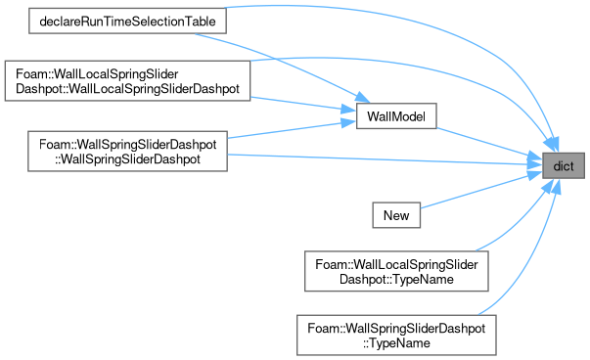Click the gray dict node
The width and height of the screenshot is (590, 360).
point(564,165)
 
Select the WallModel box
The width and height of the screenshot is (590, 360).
point(396,115)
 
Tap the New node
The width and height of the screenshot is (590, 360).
point(396,215)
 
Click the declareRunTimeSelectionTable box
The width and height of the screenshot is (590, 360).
point(127,22)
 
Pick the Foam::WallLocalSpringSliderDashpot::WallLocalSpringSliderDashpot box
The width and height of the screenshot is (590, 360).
point(127,81)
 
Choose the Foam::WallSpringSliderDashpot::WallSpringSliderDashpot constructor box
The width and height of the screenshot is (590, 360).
point(127,152)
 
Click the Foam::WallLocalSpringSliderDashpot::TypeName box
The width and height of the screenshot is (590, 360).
point(396,271)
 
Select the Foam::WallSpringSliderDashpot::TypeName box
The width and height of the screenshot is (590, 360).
point(396,336)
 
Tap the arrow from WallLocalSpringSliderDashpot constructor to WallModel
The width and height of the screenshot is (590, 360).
point(303,105)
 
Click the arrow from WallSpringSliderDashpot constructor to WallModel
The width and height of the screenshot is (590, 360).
point(292,129)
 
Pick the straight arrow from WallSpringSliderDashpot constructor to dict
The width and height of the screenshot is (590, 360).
point(385,159)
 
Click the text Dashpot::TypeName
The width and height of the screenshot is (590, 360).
point(396,279)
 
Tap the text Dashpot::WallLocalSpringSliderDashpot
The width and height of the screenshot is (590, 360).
point(127,89)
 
